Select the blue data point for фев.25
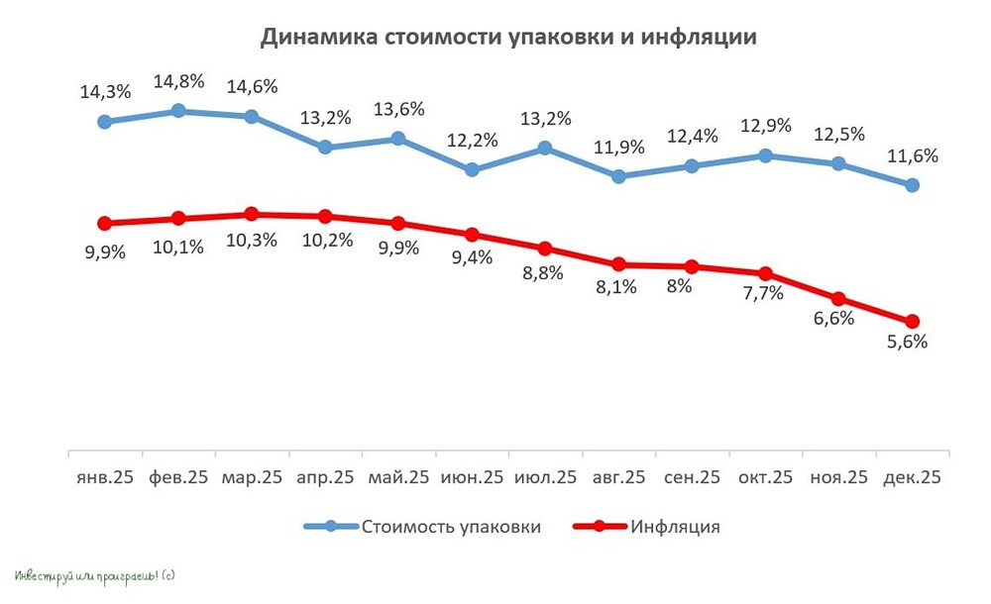[178, 111]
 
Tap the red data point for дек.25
[913, 321]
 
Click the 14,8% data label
[178, 81]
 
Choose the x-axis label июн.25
[472, 477]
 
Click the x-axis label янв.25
[105, 477]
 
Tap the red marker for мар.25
[252, 214]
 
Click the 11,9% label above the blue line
[618, 148]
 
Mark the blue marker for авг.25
[618, 176]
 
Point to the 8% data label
[692, 286]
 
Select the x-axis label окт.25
[765, 477]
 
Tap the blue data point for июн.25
[472, 169]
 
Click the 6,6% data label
[838, 319]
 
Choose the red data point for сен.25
[692, 266]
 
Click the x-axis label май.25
[397, 477]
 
